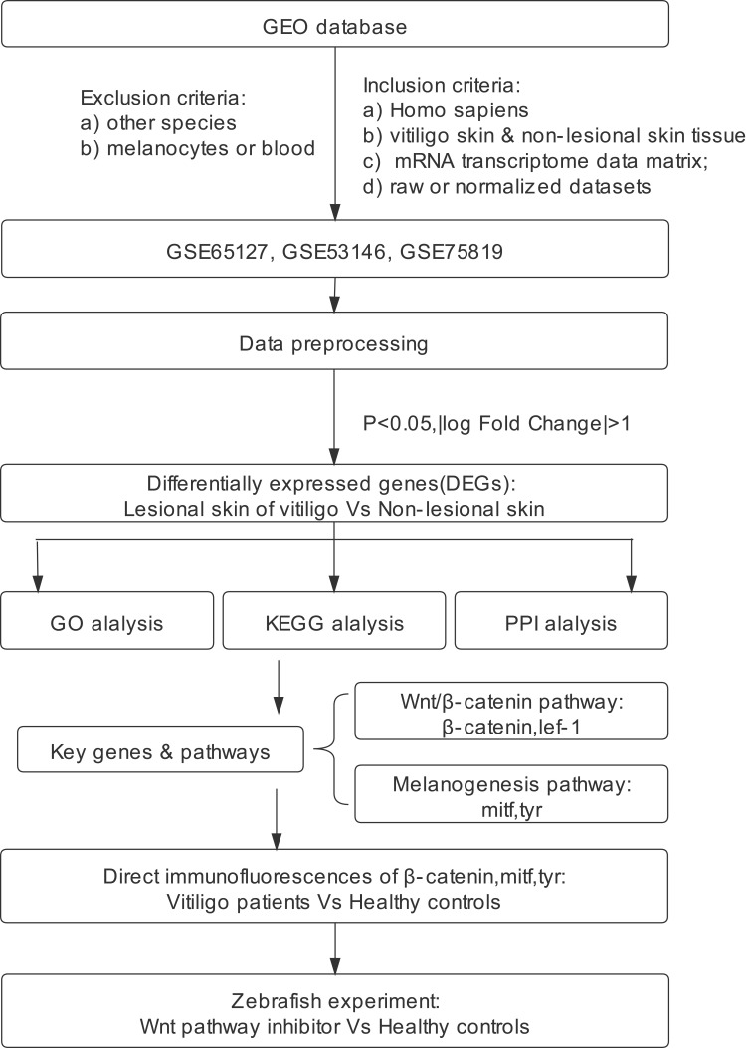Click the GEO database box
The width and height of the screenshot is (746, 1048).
click(334, 25)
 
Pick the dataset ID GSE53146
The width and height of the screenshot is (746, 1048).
click(334, 252)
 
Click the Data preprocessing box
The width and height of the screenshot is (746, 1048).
click(334, 340)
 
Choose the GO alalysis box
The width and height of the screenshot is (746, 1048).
click(106, 620)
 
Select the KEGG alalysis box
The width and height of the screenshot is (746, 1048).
click(334, 620)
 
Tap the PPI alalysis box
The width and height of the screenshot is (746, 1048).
click(561, 620)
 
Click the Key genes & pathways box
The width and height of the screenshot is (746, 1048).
click(160, 749)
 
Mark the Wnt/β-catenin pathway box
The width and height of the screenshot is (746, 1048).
click(511, 712)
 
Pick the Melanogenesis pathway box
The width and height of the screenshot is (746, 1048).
click(511, 794)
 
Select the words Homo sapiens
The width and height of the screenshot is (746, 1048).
click(460, 110)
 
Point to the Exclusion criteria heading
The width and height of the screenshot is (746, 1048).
click(164, 99)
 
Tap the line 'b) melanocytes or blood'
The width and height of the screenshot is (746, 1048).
click(198, 148)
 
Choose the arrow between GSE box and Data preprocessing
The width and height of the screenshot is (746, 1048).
click(334, 294)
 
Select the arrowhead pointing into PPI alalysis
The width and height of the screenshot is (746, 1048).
click(632, 583)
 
